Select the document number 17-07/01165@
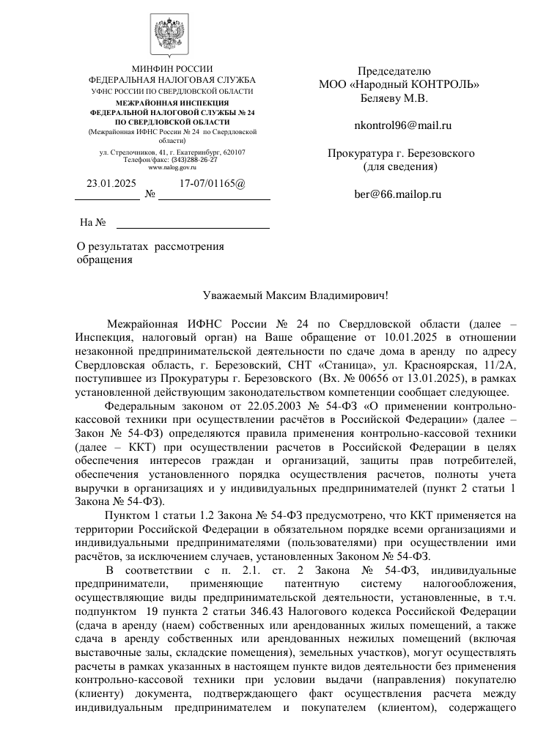213,185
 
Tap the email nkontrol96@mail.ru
402,125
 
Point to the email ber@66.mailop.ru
398,194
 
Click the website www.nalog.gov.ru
172,168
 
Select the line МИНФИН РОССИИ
172,68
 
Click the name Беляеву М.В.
394,97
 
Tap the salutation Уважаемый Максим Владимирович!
295,296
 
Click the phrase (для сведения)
401,166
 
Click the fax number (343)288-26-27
194,160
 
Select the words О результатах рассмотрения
151,247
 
